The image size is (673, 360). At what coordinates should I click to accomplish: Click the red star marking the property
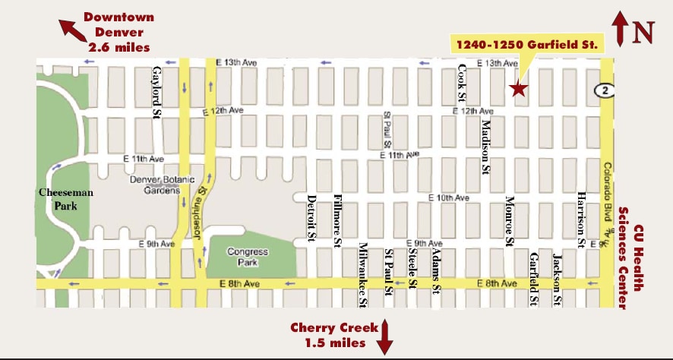(x=518, y=89)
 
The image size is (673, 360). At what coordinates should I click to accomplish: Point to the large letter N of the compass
(x=644, y=32)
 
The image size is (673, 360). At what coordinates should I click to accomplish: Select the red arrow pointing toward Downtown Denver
(x=72, y=29)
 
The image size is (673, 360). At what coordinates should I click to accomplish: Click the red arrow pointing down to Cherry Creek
(x=385, y=336)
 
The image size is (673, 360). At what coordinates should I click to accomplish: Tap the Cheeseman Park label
(x=66, y=198)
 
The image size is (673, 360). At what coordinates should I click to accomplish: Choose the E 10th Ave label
(x=448, y=197)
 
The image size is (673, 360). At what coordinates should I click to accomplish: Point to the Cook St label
(x=462, y=83)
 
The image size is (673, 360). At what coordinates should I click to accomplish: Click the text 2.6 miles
(x=119, y=47)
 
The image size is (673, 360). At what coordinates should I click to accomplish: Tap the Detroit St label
(x=311, y=219)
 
